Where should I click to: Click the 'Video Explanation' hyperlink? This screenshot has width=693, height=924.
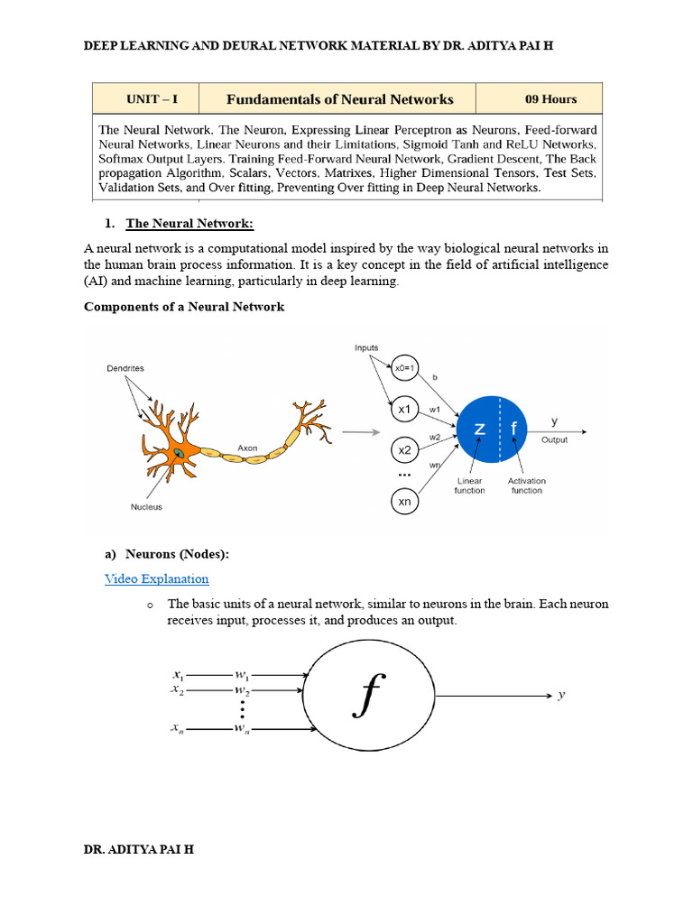coord(156,578)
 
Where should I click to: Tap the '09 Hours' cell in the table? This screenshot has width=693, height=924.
coord(550,98)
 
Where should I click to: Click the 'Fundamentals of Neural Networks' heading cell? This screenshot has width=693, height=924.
coord(339,98)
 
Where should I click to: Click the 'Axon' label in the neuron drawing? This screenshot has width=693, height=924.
coord(247,447)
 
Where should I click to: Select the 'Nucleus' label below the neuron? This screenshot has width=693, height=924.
coord(146,507)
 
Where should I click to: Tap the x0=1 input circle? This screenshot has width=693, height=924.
coord(404,367)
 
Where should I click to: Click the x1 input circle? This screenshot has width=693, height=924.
coord(404,409)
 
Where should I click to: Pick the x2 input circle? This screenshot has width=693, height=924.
coord(404,449)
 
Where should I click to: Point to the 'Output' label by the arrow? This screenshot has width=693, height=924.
coord(555,439)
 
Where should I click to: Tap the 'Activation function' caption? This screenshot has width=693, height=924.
coord(526,485)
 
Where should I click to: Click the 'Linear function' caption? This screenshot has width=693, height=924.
coord(469,485)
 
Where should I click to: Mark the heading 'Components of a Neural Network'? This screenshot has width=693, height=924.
coord(184,307)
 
